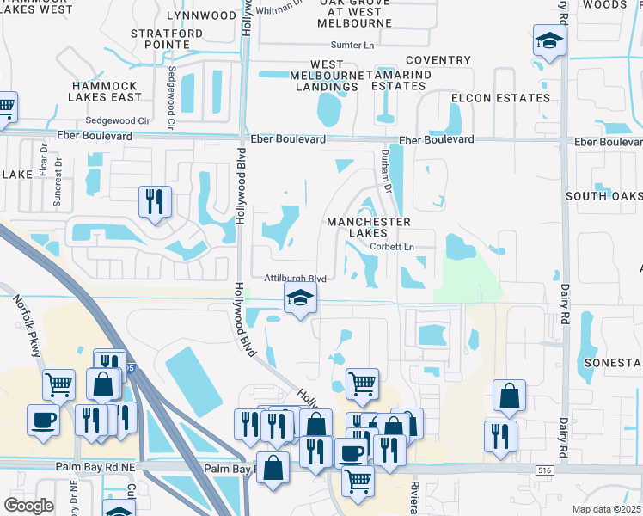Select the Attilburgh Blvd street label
[295, 279]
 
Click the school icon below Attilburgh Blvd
[300, 298]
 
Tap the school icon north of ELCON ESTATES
[549, 40]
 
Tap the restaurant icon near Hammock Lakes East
[156, 202]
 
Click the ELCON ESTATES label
[500, 98]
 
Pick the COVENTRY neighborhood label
[438, 60]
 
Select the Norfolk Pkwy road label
[28, 320]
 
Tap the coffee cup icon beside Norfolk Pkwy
[44, 421]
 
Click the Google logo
[29, 505]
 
